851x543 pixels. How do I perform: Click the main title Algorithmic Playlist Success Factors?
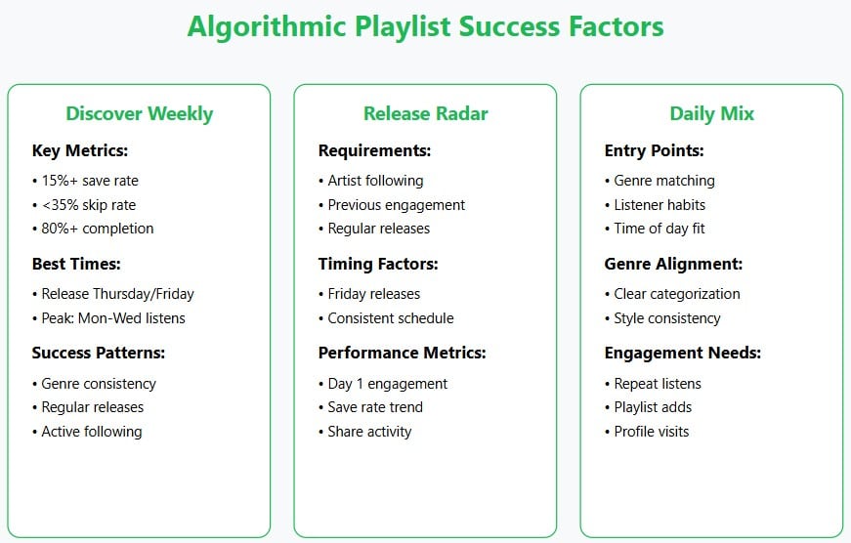point(425,26)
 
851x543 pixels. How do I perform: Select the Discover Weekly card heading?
point(139,113)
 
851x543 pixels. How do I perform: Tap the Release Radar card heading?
point(425,113)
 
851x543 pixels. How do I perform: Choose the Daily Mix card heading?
point(711,113)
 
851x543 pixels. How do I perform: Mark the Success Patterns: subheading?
point(99,353)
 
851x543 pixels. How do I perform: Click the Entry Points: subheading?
point(654,150)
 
